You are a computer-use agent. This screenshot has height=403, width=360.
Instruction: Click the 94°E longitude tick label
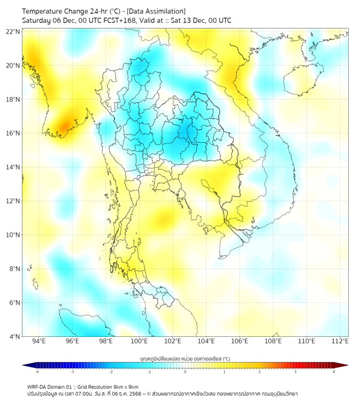point(39,341)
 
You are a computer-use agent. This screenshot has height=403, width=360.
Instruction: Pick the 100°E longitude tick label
point(139,341)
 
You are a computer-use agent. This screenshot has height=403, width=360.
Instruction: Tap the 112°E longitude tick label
point(340,341)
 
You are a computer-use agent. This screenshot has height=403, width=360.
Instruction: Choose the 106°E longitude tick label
point(240,341)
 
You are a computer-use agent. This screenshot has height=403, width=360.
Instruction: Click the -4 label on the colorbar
point(36,372)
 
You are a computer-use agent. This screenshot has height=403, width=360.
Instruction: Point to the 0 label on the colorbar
point(185,372)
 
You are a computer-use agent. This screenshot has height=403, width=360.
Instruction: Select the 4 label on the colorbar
point(333,372)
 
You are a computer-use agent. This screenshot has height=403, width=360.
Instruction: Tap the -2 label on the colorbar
point(110,372)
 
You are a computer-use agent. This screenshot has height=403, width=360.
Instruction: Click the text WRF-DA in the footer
point(38,386)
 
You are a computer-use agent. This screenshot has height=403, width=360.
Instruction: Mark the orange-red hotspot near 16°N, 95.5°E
point(63,126)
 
